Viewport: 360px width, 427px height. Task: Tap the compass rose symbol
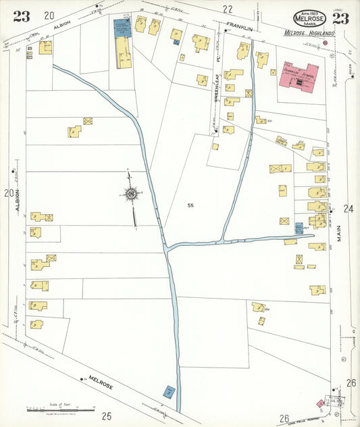(130, 195)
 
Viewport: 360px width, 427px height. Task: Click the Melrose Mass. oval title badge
(309, 18)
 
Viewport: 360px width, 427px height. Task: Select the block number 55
(191, 204)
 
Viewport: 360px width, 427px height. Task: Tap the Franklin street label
(239, 26)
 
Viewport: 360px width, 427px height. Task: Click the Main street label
(349, 235)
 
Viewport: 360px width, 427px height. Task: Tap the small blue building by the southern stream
(169, 391)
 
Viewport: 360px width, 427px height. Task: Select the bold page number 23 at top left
(20, 17)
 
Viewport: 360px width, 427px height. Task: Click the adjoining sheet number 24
(349, 209)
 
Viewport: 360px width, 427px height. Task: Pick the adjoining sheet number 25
(106, 416)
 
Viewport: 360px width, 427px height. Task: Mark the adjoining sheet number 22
(228, 9)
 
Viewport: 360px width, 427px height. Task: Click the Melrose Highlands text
(309, 33)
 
